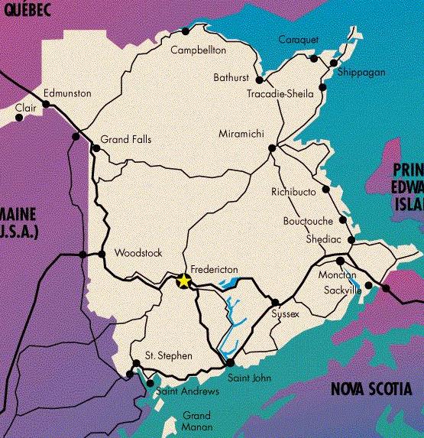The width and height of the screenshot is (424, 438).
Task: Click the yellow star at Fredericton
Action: point(183,281)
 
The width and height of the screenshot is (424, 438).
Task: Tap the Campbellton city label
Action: point(199,50)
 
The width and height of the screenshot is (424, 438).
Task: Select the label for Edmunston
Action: point(67,93)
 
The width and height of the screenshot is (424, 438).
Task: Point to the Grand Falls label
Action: point(126,140)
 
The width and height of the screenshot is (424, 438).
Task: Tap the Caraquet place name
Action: point(297,40)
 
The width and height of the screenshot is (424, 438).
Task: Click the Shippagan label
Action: point(361,72)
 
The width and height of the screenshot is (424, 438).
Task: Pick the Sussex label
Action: point(285,314)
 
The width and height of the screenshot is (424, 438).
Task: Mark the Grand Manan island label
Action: point(197,421)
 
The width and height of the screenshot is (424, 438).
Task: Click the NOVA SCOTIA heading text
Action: point(372,390)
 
